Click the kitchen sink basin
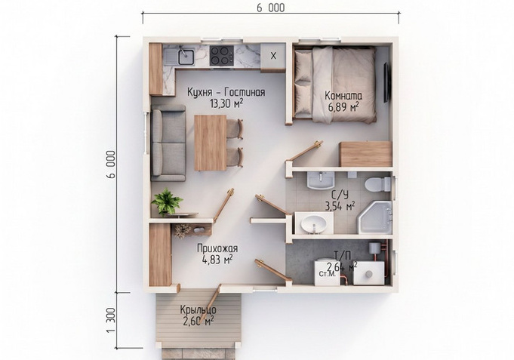point(186,57)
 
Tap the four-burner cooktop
point(222,55)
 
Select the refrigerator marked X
point(273,56)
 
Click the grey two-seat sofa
point(168,143)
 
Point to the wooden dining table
point(211,143)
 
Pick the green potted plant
point(167,202)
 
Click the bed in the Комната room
point(335,85)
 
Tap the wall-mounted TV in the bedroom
point(387,82)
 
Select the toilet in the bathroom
point(378,185)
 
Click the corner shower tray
point(375,217)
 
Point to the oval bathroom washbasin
point(314,223)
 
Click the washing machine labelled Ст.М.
point(327,272)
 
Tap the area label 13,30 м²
point(226,104)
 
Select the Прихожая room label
point(217,248)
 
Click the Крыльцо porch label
point(198,309)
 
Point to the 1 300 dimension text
point(111,320)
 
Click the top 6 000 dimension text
point(271,8)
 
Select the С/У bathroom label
point(340,195)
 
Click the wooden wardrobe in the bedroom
point(365,154)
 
